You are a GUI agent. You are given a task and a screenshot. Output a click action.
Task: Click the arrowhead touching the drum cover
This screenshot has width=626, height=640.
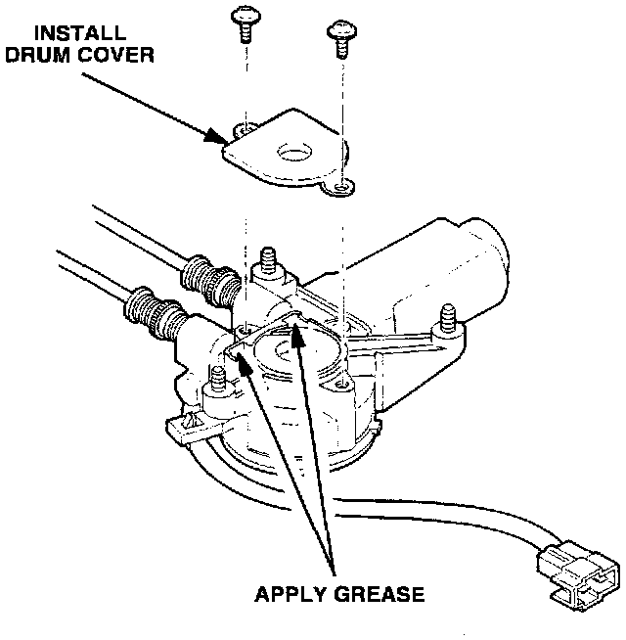click(216, 136)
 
